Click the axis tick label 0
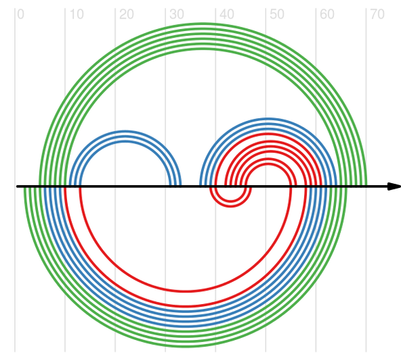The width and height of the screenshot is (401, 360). point(21,15)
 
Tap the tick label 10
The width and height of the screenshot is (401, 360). point(77,15)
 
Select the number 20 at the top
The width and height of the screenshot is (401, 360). point(127,15)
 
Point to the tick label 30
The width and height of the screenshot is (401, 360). point(176,15)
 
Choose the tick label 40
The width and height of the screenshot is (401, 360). point(227,15)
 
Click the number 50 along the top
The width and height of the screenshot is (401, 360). point(277,15)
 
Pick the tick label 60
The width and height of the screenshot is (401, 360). point(327,15)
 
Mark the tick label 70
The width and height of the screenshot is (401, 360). point(377,15)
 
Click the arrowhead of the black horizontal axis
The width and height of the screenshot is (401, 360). point(394,187)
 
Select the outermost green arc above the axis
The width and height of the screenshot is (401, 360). point(203,23)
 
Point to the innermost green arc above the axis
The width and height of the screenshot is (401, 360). point(203,49)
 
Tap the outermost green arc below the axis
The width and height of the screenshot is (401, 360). point(185,347)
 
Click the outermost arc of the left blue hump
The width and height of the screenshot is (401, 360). point(125,131)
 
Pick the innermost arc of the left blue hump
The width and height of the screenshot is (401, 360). point(125,142)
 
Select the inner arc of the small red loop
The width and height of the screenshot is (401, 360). point(231,201)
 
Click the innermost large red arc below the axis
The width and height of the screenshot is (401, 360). point(185,291)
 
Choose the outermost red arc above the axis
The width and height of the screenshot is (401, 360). point(268,134)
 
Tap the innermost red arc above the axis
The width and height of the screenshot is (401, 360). point(268,164)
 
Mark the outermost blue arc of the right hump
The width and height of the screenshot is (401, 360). point(268,119)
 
